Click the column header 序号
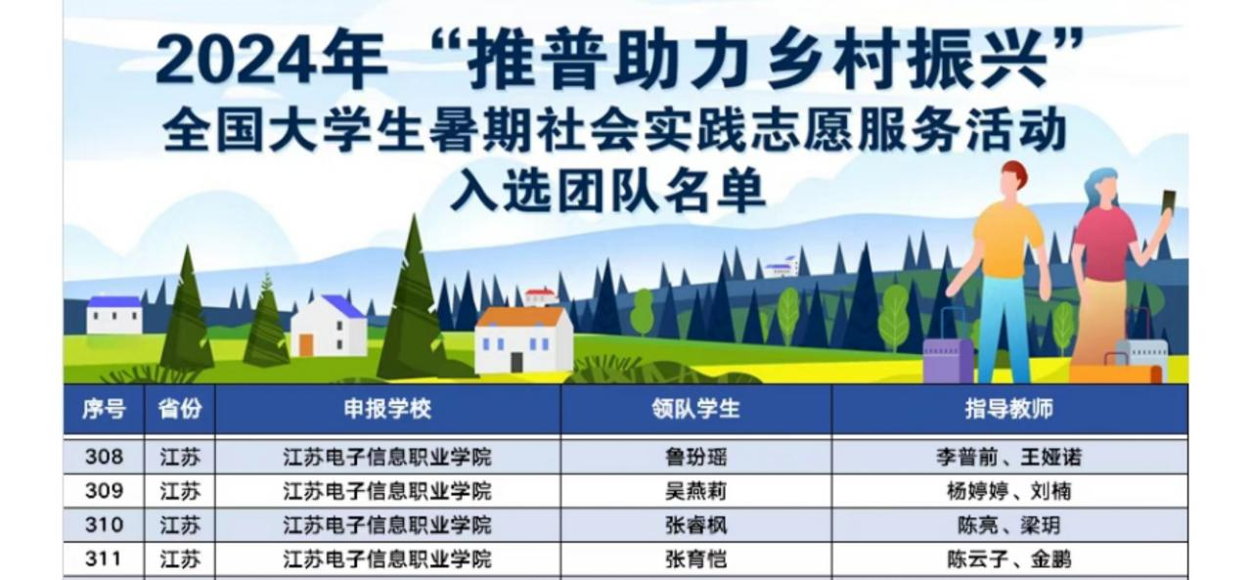pos(104,409)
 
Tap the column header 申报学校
pos(387,409)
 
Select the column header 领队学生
pos(695,409)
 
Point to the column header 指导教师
pos(1009,409)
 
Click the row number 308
pos(104,457)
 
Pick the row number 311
pos(104,558)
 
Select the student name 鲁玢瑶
pos(695,458)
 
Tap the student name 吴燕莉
pos(695,491)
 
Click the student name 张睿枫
pos(695,525)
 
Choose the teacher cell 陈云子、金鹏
pos(1009,559)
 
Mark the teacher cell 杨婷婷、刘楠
pos(1009,491)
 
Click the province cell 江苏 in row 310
pos(180,525)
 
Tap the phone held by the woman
pos(1168,202)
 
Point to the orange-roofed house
pos(523,339)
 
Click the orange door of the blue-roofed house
pos(306,345)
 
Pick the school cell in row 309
pos(387,491)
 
